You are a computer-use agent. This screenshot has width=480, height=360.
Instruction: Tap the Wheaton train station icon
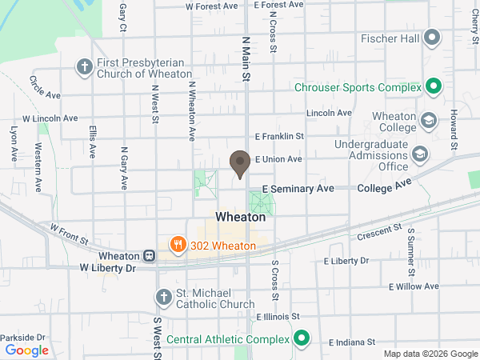149,256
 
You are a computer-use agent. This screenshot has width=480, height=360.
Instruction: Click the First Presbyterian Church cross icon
84,67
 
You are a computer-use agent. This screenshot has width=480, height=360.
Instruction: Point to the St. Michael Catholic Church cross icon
162,298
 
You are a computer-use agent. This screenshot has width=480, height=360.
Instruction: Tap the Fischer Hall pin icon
433,37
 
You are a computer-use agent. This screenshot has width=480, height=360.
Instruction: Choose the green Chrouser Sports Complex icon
433,86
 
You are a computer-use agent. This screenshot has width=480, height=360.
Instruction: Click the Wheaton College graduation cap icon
429,121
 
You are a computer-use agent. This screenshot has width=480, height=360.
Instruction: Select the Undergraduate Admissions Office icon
419,154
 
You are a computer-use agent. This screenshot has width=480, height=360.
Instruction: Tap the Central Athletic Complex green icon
301,338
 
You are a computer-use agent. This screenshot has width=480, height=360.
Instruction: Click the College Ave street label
384,186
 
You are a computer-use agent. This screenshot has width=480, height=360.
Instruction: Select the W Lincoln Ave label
50,118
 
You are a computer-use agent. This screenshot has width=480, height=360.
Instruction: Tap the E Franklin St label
279,137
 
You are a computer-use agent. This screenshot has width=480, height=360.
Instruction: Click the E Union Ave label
278,159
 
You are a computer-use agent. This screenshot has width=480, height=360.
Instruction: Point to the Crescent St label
379,232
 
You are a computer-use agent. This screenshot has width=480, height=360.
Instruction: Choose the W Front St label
68,233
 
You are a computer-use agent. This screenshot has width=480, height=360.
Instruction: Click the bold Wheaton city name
240,217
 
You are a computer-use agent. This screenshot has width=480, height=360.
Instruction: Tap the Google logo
27,350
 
